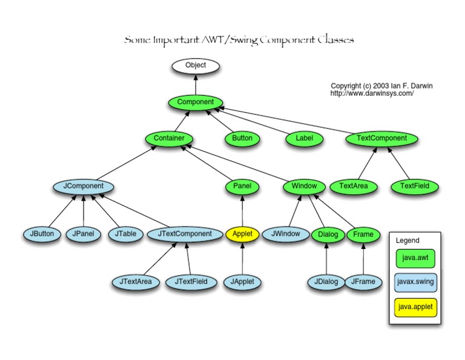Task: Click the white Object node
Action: pyautogui.click(x=195, y=65)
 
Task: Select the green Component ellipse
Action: pyautogui.click(x=195, y=102)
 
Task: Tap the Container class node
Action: pyautogui.click(x=169, y=139)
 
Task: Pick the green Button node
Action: pyautogui.click(x=242, y=139)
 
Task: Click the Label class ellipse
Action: pyautogui.click(x=304, y=139)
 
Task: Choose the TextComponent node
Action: pyautogui.click(x=381, y=139)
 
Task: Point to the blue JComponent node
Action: pyautogui.click(x=84, y=186)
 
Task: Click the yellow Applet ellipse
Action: pyautogui.click(x=242, y=234)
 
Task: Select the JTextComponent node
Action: pyautogui.click(x=185, y=234)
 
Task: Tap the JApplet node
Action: pyautogui.click(x=242, y=282)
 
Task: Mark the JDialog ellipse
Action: pyautogui.click(x=326, y=282)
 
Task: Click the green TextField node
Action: pyautogui.click(x=414, y=186)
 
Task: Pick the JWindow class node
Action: pyautogui.click(x=285, y=234)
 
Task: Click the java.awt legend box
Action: pyautogui.click(x=415, y=259)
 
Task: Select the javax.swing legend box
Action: pyautogui.click(x=415, y=282)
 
